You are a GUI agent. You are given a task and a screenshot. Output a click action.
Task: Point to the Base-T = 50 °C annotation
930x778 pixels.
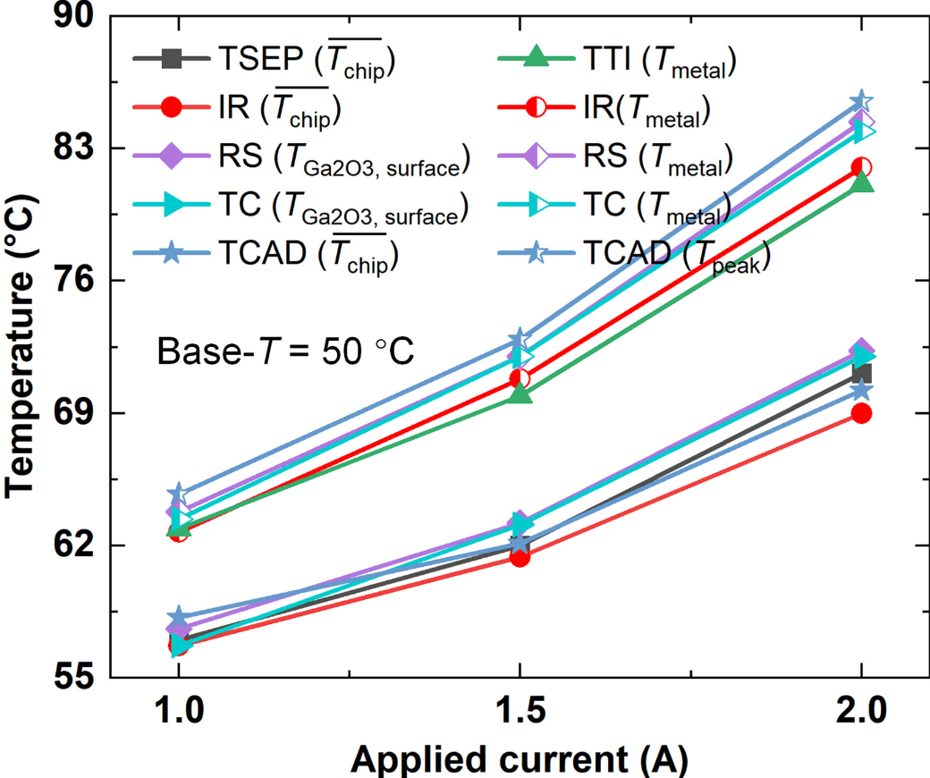(285, 351)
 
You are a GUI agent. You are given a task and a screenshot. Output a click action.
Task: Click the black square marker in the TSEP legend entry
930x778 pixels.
(174, 60)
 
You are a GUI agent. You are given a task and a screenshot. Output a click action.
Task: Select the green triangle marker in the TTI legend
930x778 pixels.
(535, 60)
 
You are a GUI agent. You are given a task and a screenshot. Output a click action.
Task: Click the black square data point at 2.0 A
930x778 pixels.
(861, 374)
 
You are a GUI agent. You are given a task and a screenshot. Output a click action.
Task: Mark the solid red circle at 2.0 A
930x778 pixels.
(861, 413)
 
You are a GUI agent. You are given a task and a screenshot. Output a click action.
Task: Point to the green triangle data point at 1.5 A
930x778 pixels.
(520, 393)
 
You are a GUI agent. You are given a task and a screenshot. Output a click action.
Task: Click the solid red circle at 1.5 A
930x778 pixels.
(520, 556)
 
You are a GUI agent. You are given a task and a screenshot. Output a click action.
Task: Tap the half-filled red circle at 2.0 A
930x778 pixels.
(861, 167)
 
